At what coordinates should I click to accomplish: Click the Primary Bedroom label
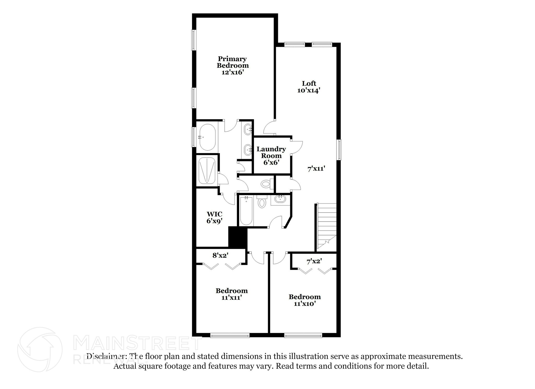point(232,65)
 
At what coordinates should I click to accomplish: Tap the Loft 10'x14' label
point(309,87)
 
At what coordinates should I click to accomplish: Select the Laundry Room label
point(271,156)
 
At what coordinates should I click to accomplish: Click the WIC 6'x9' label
point(214,217)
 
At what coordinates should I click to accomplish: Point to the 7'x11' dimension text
point(316,169)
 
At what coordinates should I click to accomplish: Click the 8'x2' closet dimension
point(220,255)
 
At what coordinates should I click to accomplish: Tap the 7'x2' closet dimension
point(314,261)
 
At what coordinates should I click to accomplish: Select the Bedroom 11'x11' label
point(231,294)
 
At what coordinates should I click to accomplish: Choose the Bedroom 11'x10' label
point(305,300)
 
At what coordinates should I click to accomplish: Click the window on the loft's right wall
point(339,150)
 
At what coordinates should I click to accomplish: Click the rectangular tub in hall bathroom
point(246,211)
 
